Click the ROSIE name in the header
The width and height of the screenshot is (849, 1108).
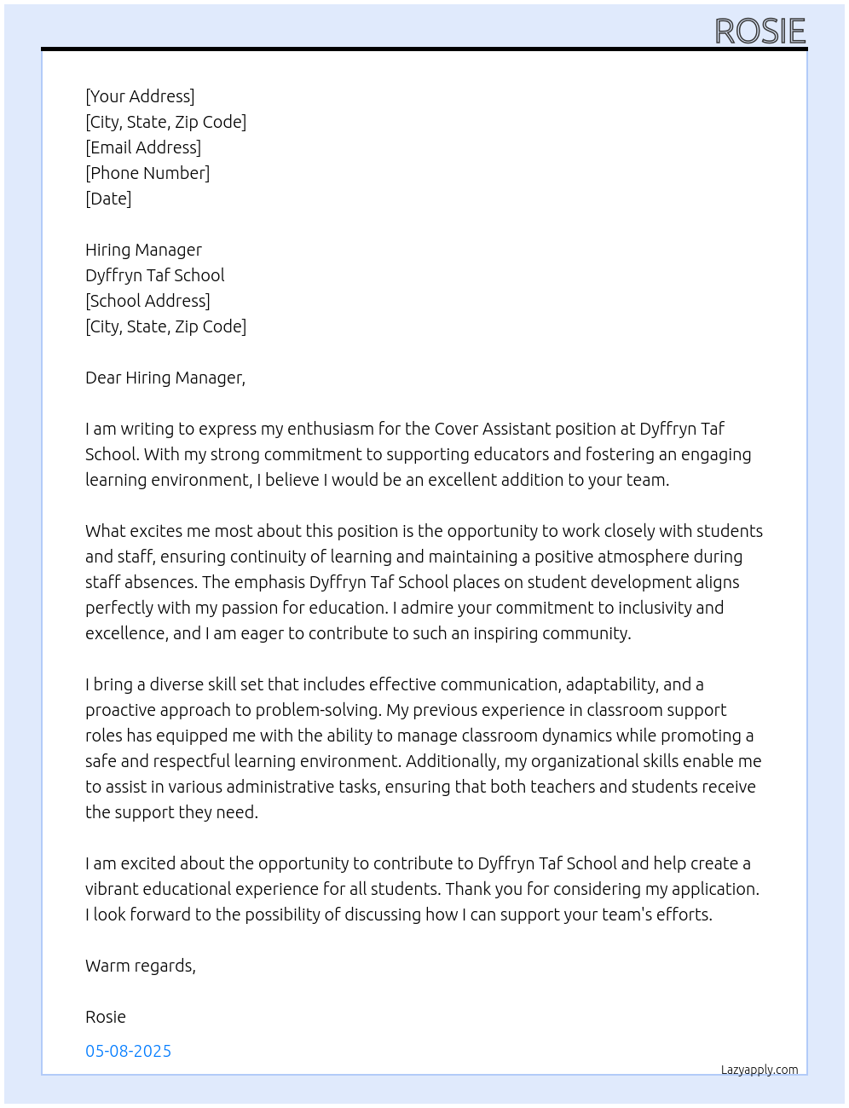pyautogui.click(x=759, y=32)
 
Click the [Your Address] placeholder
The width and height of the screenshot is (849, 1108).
pyautogui.click(x=140, y=96)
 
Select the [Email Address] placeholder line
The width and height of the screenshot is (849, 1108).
pyautogui.click(x=143, y=147)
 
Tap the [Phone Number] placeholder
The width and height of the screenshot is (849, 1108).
pyautogui.click(x=147, y=173)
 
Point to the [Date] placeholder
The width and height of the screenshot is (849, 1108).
pyautogui.click(x=108, y=199)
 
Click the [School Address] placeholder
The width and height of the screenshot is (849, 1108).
pyautogui.click(x=147, y=301)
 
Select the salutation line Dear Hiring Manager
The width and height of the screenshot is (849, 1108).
pyautogui.click(x=165, y=378)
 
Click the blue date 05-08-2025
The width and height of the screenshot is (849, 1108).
pyautogui.click(x=129, y=1051)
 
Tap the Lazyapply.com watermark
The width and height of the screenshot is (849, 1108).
pyautogui.click(x=759, y=1070)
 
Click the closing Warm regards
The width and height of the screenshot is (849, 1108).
pyautogui.click(x=141, y=966)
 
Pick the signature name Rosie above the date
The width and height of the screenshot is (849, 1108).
pyautogui.click(x=106, y=1017)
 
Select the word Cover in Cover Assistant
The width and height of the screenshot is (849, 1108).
pyautogui.click(x=456, y=429)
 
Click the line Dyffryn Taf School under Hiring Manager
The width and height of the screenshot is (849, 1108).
pyautogui.click(x=155, y=275)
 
